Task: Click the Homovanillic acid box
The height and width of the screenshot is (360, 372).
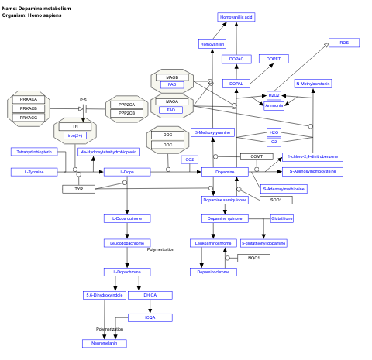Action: (236, 16)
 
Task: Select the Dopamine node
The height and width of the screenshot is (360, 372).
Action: (224, 171)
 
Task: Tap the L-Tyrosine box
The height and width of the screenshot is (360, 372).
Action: (33, 171)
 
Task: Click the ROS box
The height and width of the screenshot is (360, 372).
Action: (344, 43)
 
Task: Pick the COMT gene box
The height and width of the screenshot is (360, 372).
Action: (256, 156)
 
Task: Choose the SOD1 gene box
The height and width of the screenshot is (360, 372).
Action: (275, 200)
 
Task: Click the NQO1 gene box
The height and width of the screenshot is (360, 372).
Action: (253, 257)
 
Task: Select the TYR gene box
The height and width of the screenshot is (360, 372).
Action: (79, 189)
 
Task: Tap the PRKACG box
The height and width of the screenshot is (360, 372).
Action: (29, 118)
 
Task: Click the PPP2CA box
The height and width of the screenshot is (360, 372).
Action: (127, 104)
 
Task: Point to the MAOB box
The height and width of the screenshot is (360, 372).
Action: (171, 77)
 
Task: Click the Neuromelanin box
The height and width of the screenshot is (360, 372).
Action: (105, 342)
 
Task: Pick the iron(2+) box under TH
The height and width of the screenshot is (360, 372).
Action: (75, 135)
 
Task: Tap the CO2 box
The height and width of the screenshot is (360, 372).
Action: (188, 159)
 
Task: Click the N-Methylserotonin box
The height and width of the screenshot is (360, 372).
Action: (313, 84)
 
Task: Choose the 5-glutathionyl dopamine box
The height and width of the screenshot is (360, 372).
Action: (263, 242)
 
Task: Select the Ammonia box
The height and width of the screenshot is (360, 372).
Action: (274, 105)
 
